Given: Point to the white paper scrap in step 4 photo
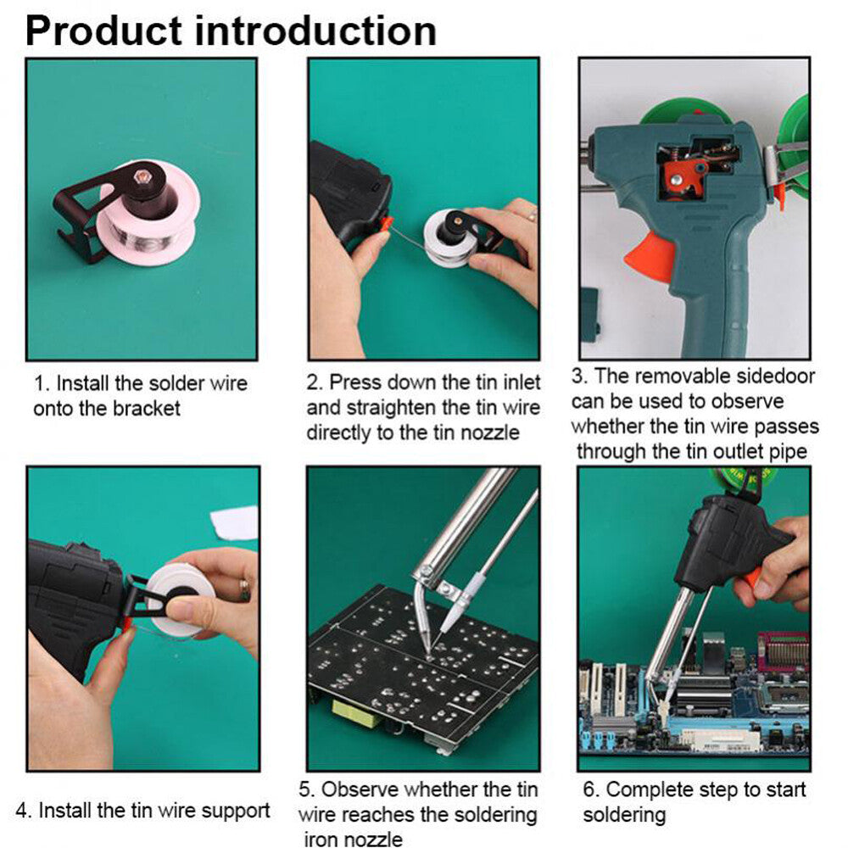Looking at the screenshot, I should (235, 522).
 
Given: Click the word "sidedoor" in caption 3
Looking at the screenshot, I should (764, 377).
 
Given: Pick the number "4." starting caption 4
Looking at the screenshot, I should (47, 810).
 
